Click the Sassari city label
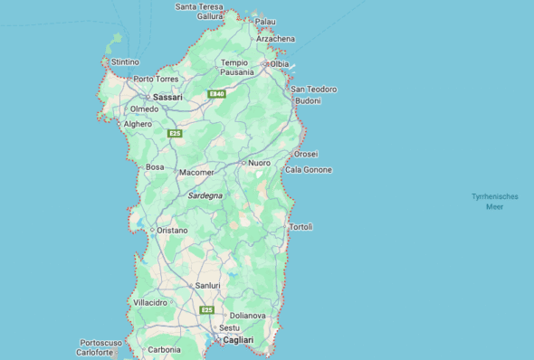[167, 96]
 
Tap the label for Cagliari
[238, 340]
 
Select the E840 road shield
[216, 94]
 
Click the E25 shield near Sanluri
[207, 310]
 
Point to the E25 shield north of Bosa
[175, 134]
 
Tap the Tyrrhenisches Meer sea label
[494, 202]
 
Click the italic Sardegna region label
[205, 195]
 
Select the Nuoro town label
[259, 163]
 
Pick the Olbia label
[279, 64]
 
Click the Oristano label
[172, 231]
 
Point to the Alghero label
[138, 124]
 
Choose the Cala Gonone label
[309, 170]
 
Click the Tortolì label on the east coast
[300, 226]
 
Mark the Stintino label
[125, 62]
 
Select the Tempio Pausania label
[237, 67]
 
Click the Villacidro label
[150, 302]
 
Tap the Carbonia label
[164, 349]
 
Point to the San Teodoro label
[313, 90]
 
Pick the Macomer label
[196, 172]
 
